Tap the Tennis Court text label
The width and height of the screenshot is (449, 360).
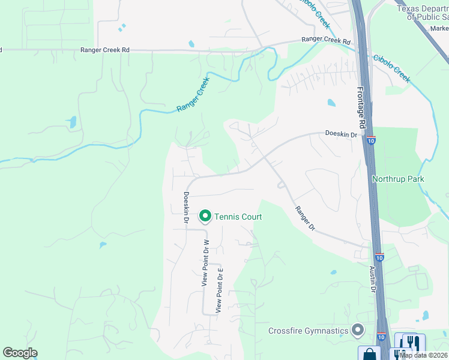point(238,217)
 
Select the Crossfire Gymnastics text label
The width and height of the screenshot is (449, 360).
point(309,331)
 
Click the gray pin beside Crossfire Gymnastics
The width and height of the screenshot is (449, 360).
point(358,330)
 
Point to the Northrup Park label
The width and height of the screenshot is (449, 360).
point(398,179)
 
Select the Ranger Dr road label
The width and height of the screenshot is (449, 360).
point(305,218)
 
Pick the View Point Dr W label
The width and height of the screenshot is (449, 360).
point(205,263)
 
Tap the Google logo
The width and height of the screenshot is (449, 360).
point(20,353)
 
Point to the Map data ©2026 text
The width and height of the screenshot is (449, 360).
point(424,355)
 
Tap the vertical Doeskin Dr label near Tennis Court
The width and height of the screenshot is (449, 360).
point(186,208)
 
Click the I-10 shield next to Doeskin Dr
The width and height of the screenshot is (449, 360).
point(372,140)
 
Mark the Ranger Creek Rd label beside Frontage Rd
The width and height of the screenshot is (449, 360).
point(326,41)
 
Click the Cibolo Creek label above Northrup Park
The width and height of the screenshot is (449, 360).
point(391,68)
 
